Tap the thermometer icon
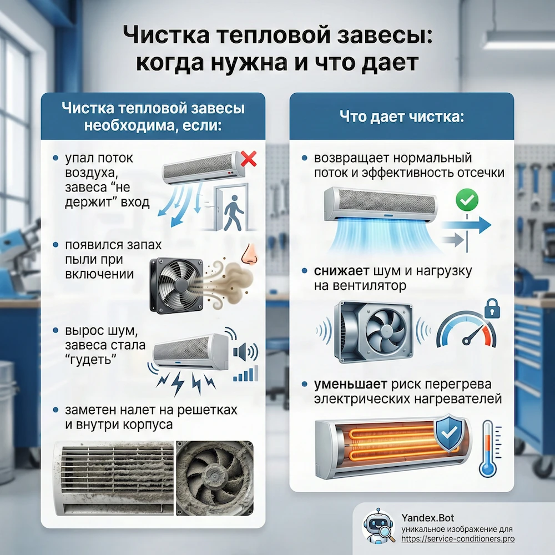[488, 450]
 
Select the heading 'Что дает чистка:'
[402, 117]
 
